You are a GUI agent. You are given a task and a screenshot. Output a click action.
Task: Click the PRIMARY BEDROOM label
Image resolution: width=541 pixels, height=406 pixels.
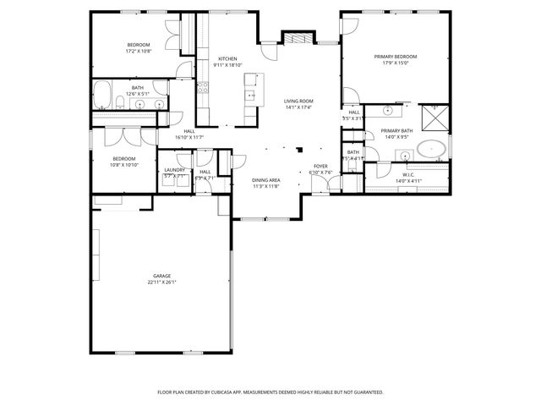point(396,57)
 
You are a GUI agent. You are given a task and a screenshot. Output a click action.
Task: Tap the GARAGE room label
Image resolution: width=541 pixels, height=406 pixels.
point(162,276)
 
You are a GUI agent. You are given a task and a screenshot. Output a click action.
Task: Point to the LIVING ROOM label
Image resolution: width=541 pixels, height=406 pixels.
point(298,101)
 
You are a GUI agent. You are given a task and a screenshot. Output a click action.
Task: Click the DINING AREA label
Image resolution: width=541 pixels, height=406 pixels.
point(265,179)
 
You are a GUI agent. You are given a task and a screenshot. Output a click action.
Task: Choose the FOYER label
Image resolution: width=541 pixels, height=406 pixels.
point(320,166)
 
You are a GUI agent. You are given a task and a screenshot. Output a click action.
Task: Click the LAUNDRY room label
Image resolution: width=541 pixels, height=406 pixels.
point(174,170)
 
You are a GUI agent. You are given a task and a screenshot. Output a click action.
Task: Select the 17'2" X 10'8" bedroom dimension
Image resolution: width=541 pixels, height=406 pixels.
point(139,51)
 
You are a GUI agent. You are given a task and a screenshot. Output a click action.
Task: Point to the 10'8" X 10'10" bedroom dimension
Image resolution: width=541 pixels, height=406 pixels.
point(125,165)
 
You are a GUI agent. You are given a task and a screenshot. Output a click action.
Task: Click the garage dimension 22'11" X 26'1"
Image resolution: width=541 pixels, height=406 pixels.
point(162,283)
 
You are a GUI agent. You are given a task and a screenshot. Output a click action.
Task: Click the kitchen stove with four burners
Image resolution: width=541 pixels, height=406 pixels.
point(203,86)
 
